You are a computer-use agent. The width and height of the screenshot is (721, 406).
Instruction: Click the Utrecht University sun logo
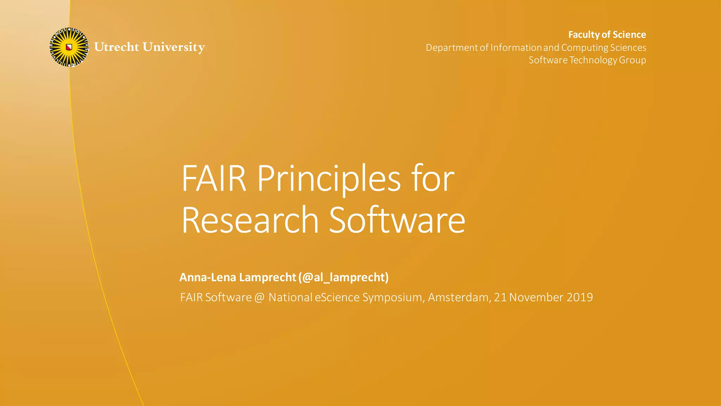pyautogui.click(x=69, y=47)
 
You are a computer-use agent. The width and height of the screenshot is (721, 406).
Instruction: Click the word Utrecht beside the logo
pyautogui.click(x=117, y=47)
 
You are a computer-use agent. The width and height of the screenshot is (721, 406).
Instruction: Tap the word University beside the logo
pyautogui.click(x=174, y=47)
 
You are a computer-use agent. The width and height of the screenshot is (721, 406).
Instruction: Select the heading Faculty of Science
pyautogui.click(x=607, y=35)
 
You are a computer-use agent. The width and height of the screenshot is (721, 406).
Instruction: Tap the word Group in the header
pyautogui.click(x=632, y=60)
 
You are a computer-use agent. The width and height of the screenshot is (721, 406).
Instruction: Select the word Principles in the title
pyautogui.click(x=329, y=179)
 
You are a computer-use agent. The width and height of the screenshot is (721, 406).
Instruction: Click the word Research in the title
pyautogui.click(x=250, y=220)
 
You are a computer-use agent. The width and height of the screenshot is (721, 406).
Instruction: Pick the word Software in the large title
pyautogui.click(x=397, y=220)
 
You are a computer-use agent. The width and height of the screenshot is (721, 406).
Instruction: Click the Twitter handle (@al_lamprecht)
pyautogui.click(x=343, y=277)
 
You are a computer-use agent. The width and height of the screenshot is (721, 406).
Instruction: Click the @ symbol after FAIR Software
pyautogui.click(x=259, y=298)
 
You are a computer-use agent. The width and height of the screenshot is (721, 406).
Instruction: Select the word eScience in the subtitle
pyautogui.click(x=337, y=297)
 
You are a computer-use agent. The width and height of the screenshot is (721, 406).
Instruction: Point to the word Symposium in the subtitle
pyautogui.click(x=393, y=298)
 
